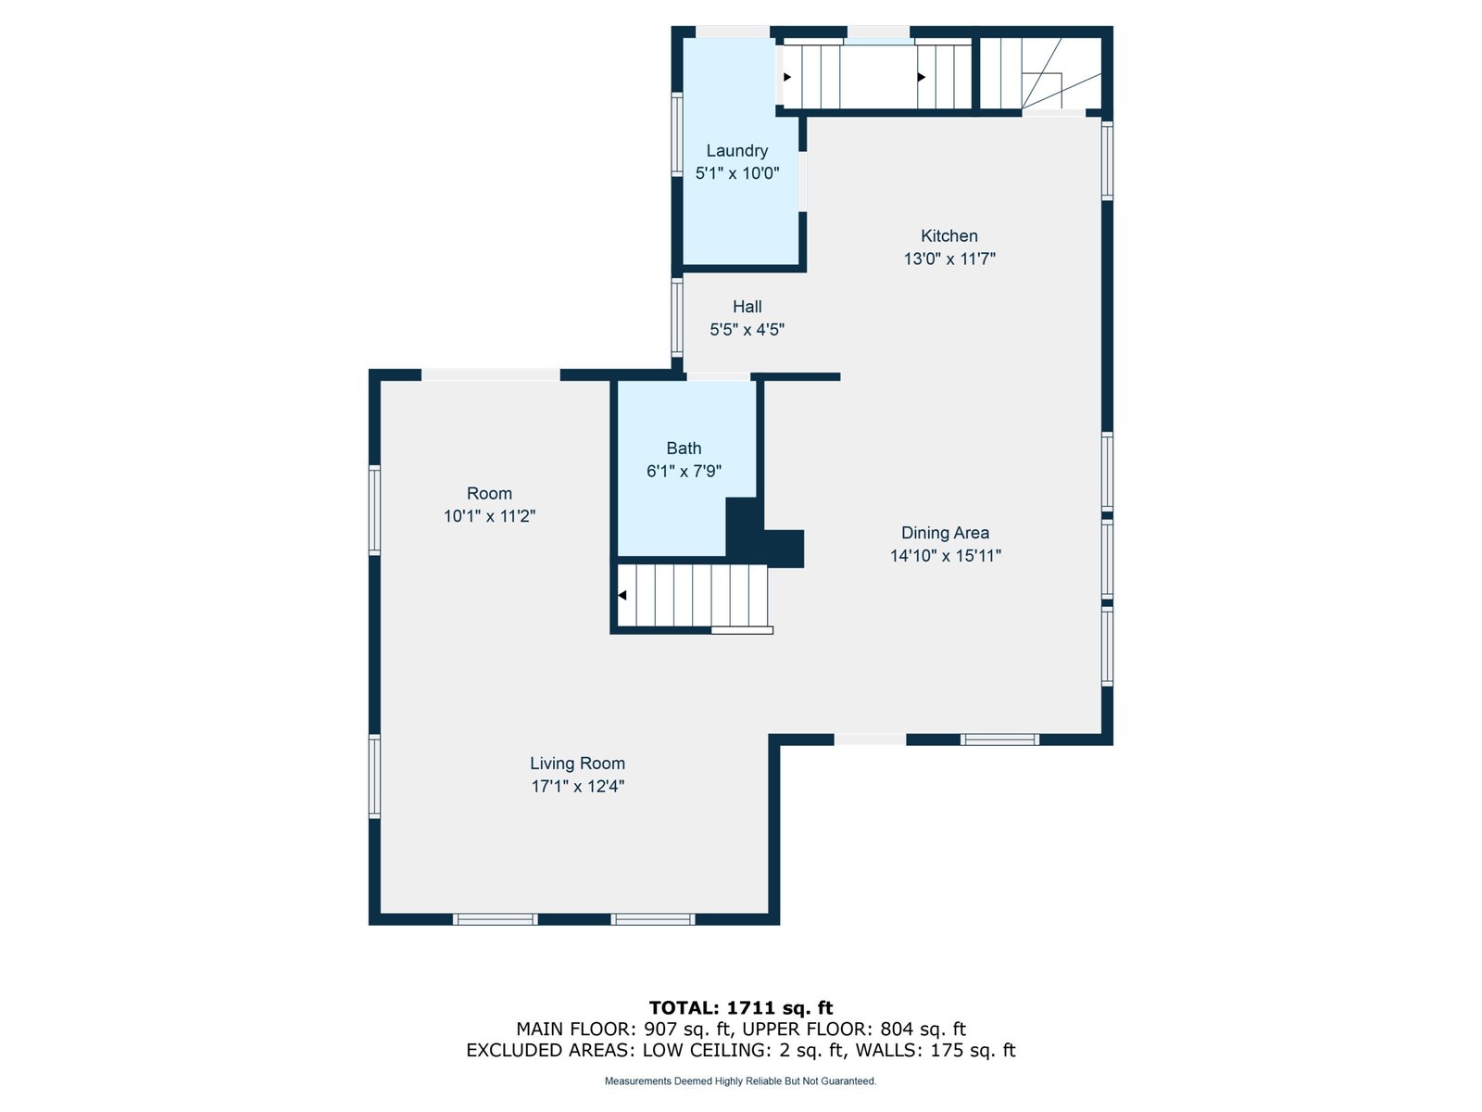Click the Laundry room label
pos(736,150)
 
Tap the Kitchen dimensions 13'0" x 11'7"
pos(949,259)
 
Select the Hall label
pos(747,307)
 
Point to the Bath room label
pos(684,449)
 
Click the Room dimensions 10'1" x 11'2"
pos(489,516)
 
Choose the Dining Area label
pos(946,533)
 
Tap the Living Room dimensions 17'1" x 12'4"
pos(577,786)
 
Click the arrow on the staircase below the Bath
pos(622,595)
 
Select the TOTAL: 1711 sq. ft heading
pos(741,1007)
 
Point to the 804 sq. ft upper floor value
pos(923,1029)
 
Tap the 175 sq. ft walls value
pos(973,1050)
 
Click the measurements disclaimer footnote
pos(741,1080)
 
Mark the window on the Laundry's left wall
pos(676,134)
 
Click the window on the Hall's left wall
pos(676,317)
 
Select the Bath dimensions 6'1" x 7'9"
pos(684,472)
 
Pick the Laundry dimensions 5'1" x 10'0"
pos(736,173)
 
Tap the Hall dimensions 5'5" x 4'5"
pos(747,330)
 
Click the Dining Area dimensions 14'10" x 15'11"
pos(946,556)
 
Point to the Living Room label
pos(577,763)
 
